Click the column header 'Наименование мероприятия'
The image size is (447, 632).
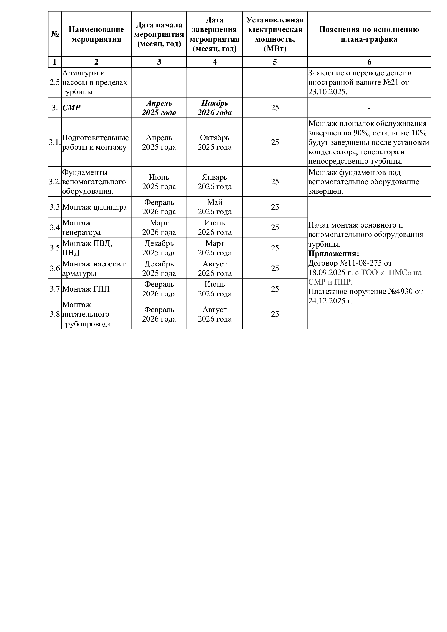click(96, 34)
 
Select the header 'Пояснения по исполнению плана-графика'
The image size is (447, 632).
click(369, 34)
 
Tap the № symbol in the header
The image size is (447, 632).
click(55, 34)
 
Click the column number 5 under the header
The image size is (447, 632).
click(275, 62)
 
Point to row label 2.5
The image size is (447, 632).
click(55, 82)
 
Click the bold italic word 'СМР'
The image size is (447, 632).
click(71, 108)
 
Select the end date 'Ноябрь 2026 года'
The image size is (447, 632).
click(214, 108)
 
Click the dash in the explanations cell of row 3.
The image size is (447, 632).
click(369, 108)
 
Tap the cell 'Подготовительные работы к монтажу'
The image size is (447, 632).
click(95, 142)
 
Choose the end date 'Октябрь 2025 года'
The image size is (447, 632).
click(214, 142)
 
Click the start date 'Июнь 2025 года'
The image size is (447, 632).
click(159, 182)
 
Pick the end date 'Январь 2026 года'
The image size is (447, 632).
click(214, 182)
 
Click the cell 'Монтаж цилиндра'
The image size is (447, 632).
click(94, 207)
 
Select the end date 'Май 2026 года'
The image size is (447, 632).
click(214, 207)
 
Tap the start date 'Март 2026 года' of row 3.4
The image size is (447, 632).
click(159, 227)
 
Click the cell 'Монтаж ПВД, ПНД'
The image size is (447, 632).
click(87, 248)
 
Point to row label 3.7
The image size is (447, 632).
click(55, 289)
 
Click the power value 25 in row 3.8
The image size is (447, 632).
click(275, 314)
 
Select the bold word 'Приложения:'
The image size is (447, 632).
click(333, 254)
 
